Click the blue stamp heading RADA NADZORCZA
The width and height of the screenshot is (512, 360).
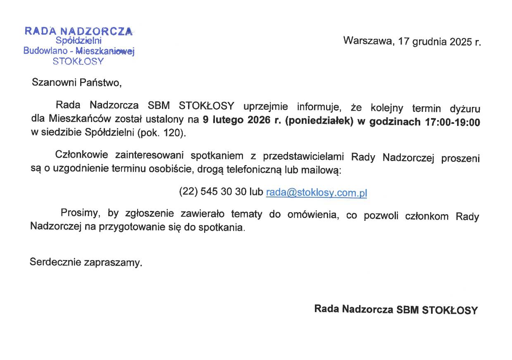coord(79,31)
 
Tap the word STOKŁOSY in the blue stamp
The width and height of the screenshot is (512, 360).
coord(79,62)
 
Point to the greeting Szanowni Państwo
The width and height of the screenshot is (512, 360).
coord(77,83)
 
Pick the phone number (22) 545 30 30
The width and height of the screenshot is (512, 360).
coord(212,192)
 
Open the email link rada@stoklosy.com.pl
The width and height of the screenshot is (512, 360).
coord(317,193)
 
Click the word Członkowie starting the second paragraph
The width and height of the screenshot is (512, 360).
coord(82,155)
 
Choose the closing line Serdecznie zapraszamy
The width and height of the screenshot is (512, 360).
coord(86,262)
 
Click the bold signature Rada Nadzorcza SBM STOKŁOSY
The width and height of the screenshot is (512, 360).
coord(395,309)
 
